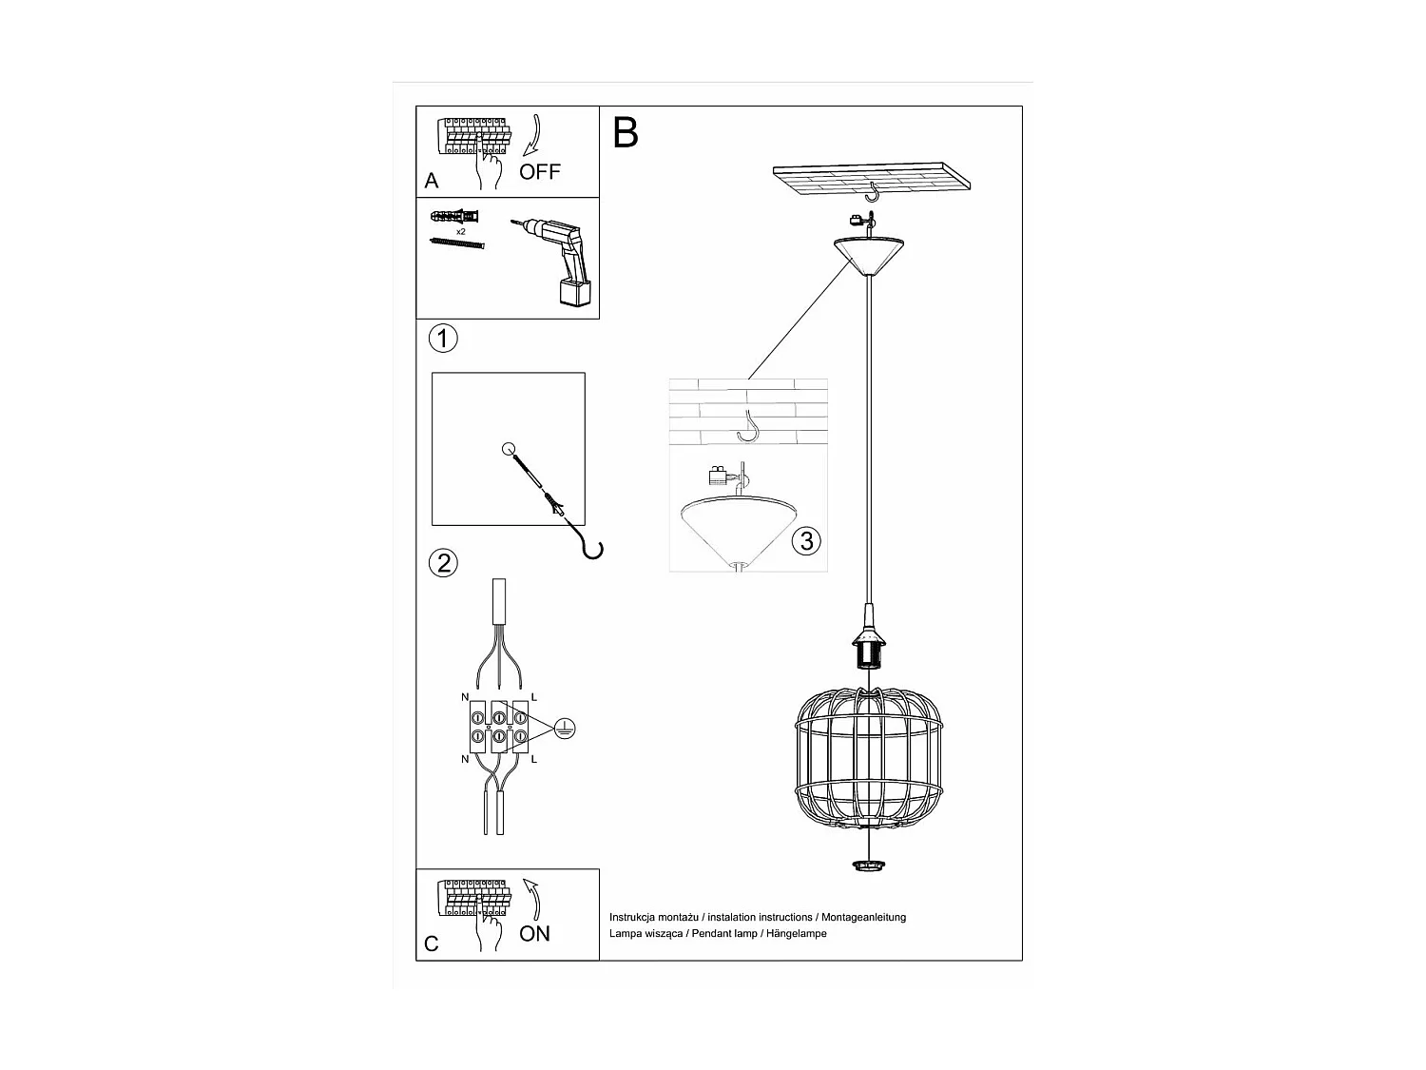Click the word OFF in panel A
click(539, 172)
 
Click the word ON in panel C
click(534, 934)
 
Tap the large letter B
click(626, 133)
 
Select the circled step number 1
click(443, 338)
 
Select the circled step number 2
click(443, 563)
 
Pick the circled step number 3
click(806, 541)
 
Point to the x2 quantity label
click(460, 231)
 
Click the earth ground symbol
click(564, 730)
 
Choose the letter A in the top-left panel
click(432, 181)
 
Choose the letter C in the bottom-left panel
click(432, 944)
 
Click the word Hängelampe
click(796, 934)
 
